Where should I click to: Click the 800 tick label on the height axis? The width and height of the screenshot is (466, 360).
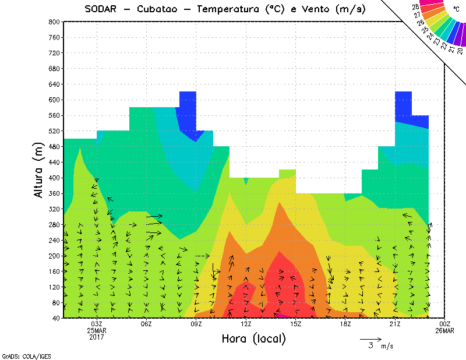[54, 22]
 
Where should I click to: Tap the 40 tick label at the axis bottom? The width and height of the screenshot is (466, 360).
[55, 319]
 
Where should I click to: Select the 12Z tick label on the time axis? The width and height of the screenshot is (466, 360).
[246, 324]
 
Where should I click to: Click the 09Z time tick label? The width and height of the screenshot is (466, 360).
[196, 324]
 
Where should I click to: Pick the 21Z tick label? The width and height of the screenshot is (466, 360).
[395, 324]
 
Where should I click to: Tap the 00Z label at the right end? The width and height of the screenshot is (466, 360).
[445, 324]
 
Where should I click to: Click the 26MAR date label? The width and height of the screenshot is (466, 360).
[445, 331]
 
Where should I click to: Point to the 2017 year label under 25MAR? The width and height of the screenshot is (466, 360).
[97, 337]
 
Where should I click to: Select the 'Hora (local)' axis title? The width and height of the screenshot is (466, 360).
[254, 338]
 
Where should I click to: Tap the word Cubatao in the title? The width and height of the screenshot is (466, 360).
[159, 9]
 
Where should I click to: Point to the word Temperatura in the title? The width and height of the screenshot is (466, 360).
[229, 9]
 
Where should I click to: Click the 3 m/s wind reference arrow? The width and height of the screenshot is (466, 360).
[370, 338]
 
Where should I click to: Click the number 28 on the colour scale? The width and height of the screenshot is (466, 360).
[416, 6]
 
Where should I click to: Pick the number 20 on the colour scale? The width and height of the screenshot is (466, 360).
[460, 51]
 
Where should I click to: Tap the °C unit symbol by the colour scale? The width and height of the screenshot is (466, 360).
[456, 9]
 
